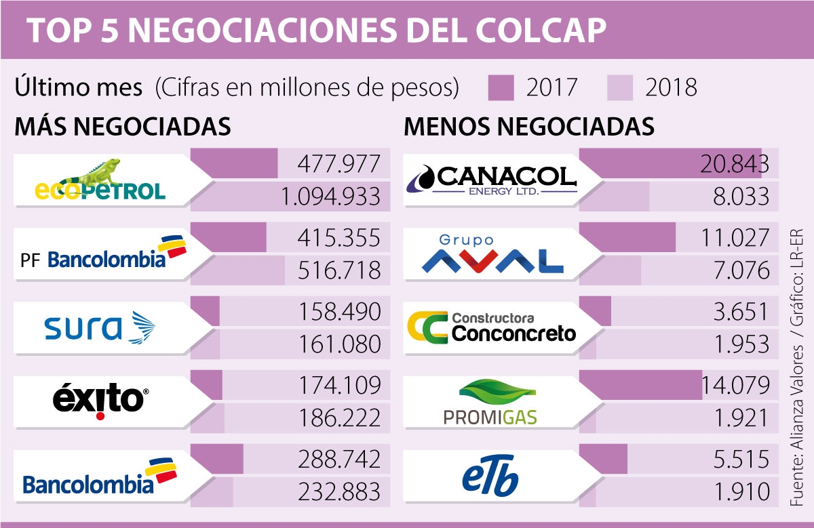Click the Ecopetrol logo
click(x=100, y=181)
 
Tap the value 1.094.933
click(x=330, y=197)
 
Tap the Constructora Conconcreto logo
click(x=491, y=327)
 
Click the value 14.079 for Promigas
click(x=737, y=386)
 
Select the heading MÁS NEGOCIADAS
click(x=123, y=127)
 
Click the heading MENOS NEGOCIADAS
click(x=529, y=127)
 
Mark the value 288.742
click(x=339, y=459)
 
